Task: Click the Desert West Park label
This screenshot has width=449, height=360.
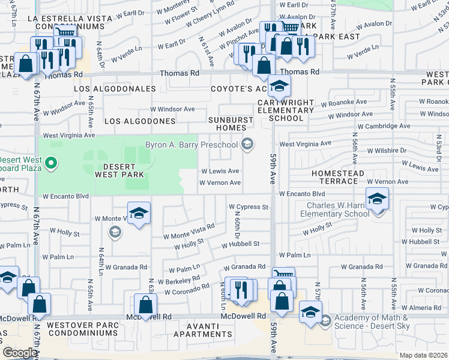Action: click(119, 170)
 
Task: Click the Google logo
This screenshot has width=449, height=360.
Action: click(20, 353)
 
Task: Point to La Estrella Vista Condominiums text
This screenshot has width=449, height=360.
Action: click(70, 23)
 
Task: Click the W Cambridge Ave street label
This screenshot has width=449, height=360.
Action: click(384, 126)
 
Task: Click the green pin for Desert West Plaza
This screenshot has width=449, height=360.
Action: click(51, 163)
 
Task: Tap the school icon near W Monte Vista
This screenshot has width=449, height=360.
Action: click(139, 214)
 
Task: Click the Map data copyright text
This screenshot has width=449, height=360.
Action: click(424, 355)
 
